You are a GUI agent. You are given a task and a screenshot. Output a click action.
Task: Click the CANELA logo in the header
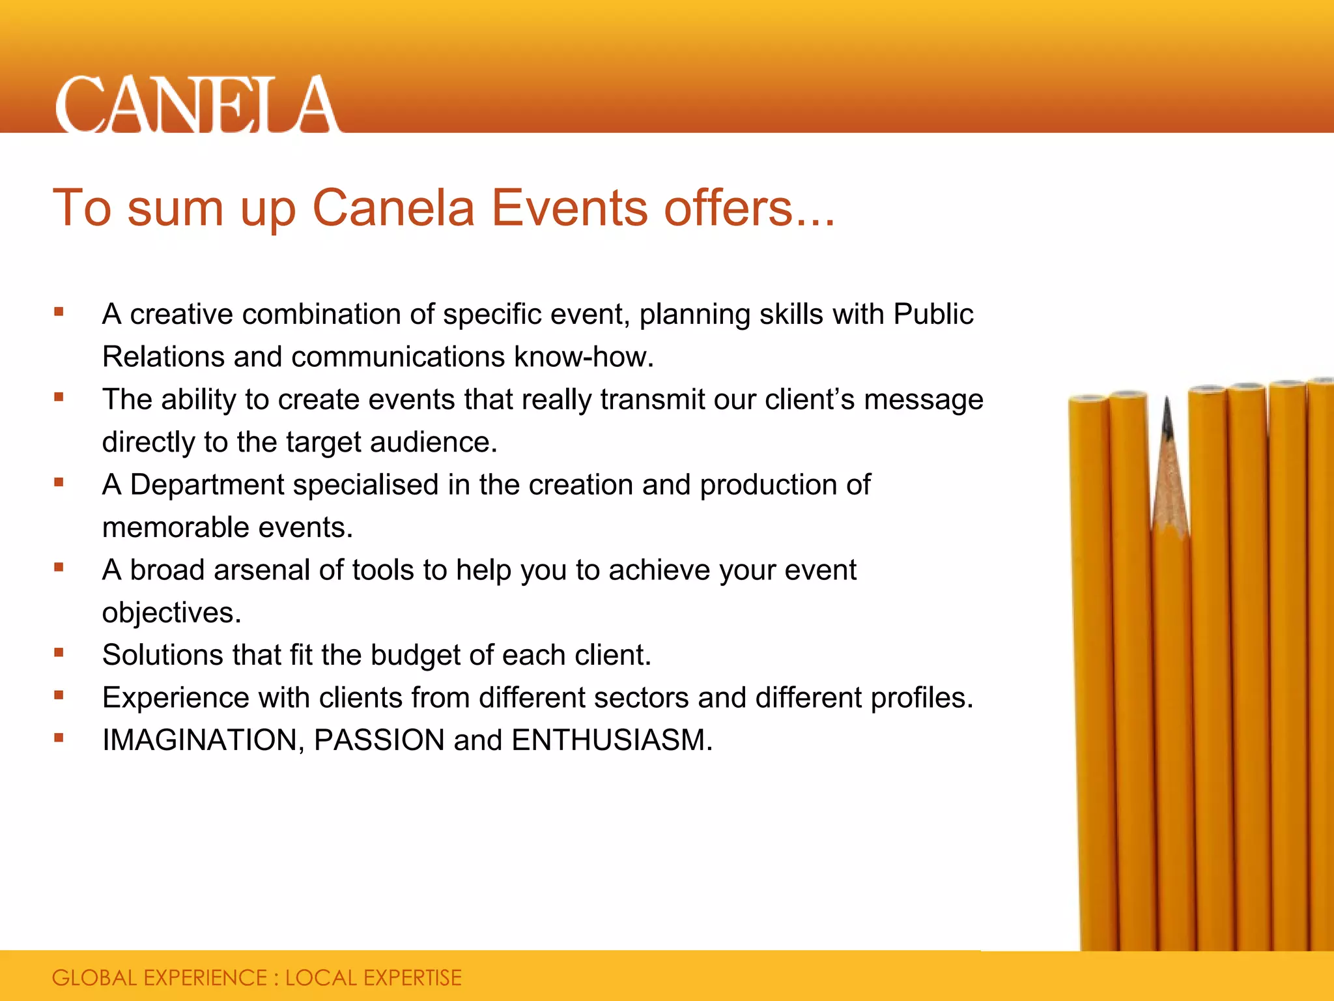197,104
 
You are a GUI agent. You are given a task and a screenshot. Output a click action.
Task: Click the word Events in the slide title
569,208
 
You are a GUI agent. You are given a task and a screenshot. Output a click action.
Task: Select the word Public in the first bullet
933,314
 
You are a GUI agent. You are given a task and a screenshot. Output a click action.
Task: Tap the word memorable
166,527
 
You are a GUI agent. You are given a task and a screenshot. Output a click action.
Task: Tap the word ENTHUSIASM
612,740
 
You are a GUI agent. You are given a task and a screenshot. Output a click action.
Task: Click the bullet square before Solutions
59,652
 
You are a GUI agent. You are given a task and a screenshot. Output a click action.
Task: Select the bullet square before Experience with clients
59,695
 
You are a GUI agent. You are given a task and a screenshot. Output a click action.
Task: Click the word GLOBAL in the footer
94,978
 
